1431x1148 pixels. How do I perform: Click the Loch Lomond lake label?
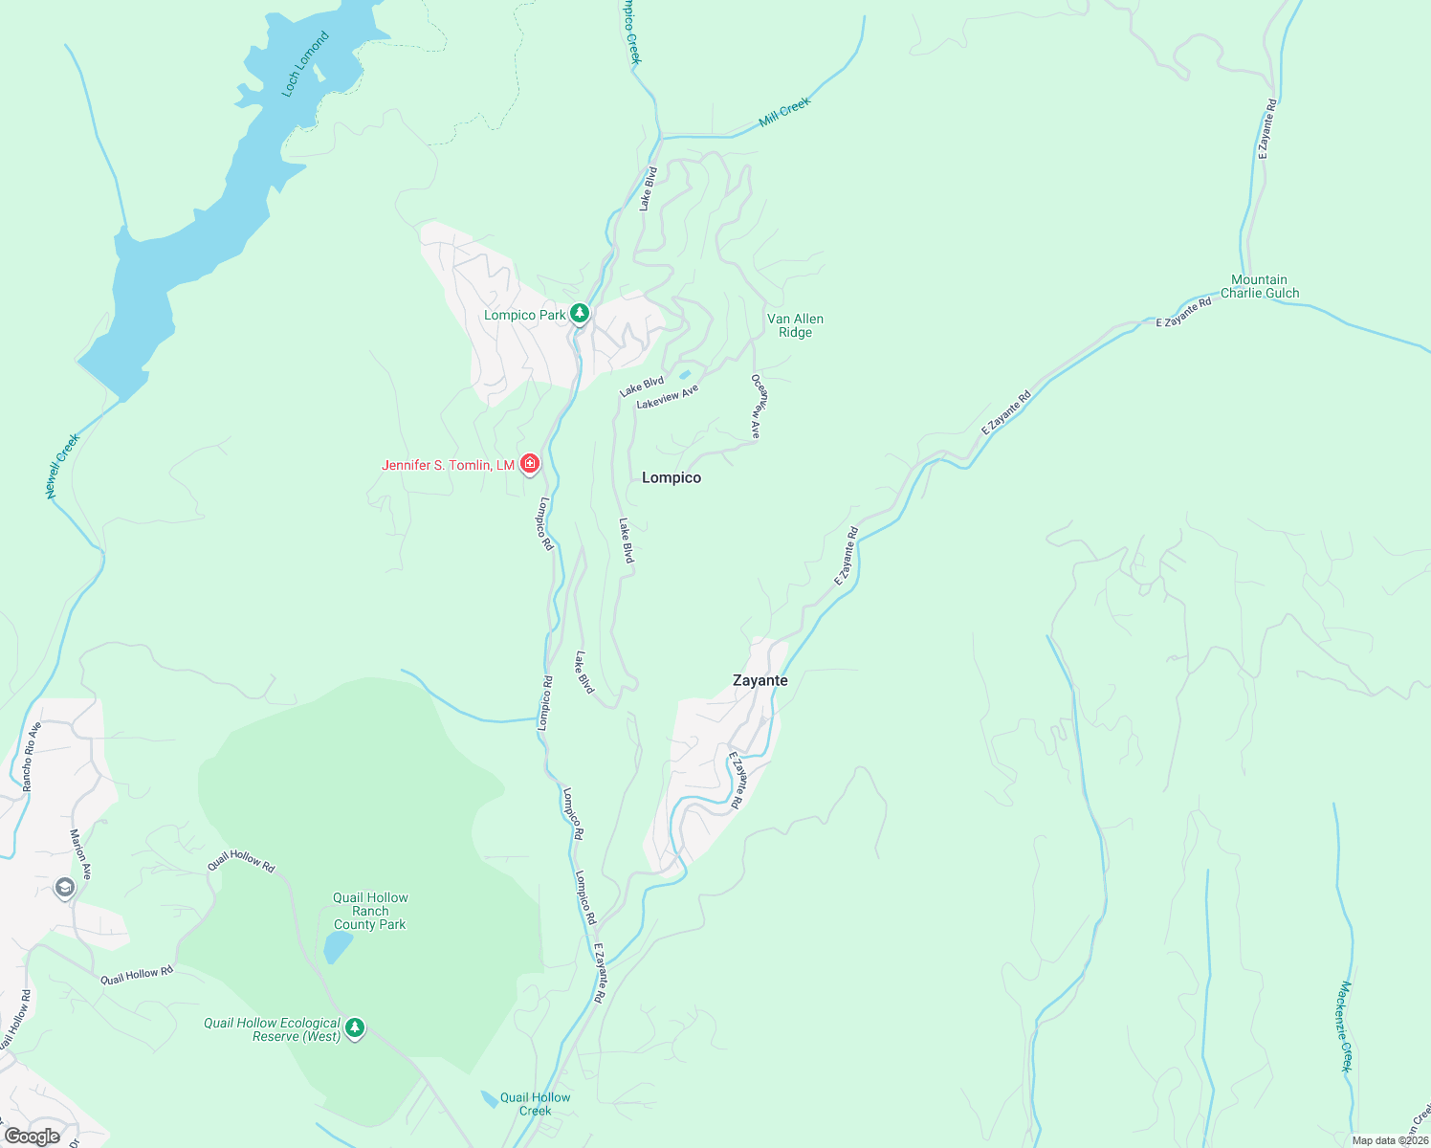click(x=306, y=64)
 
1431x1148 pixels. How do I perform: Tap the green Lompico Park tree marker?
click(x=579, y=314)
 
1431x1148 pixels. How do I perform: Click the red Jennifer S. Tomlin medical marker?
click(x=530, y=465)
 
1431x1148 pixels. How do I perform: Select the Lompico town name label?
click(x=671, y=477)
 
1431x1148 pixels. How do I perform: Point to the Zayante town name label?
click(x=760, y=680)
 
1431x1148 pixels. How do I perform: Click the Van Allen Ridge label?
click(x=795, y=326)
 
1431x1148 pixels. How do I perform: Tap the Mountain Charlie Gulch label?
click(x=1260, y=287)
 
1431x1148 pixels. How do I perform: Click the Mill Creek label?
click(x=784, y=112)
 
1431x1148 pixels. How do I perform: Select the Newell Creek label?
click(x=63, y=466)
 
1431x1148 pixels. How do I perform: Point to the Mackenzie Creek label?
click(x=1346, y=1027)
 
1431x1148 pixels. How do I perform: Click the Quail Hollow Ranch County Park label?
click(x=370, y=911)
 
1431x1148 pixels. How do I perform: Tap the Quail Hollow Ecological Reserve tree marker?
click(x=355, y=1028)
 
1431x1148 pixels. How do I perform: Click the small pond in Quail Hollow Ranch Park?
click(x=337, y=946)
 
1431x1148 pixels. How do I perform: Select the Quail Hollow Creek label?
click(x=535, y=1104)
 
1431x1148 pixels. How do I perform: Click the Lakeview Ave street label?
click(x=668, y=397)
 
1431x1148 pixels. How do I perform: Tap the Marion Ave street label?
click(x=80, y=853)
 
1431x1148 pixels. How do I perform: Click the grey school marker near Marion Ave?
click(x=64, y=888)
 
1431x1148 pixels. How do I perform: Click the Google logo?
click(x=32, y=1137)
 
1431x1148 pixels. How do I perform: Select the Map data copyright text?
click(x=1389, y=1140)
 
